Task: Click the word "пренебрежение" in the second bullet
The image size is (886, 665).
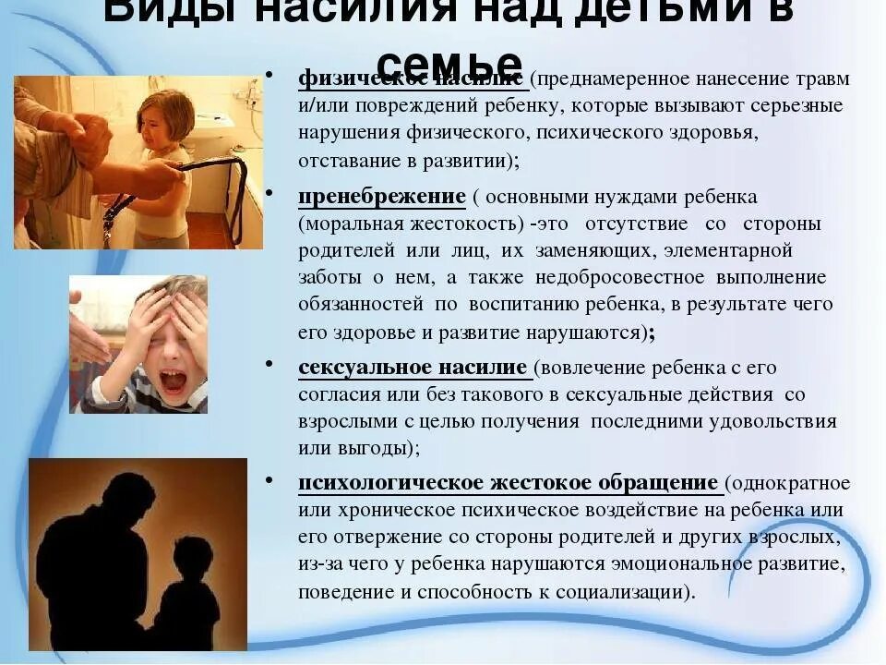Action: [x=381, y=197]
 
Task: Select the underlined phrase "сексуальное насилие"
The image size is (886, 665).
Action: [x=413, y=368]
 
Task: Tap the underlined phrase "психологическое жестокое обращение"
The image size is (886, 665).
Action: [x=508, y=484]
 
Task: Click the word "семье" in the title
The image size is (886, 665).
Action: [x=449, y=63]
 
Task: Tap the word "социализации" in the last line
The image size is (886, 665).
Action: [x=618, y=592]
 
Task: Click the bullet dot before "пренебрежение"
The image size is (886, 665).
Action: [x=268, y=192]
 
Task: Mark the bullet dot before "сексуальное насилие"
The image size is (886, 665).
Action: [x=268, y=363]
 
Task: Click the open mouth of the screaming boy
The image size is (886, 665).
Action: [x=172, y=380]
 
